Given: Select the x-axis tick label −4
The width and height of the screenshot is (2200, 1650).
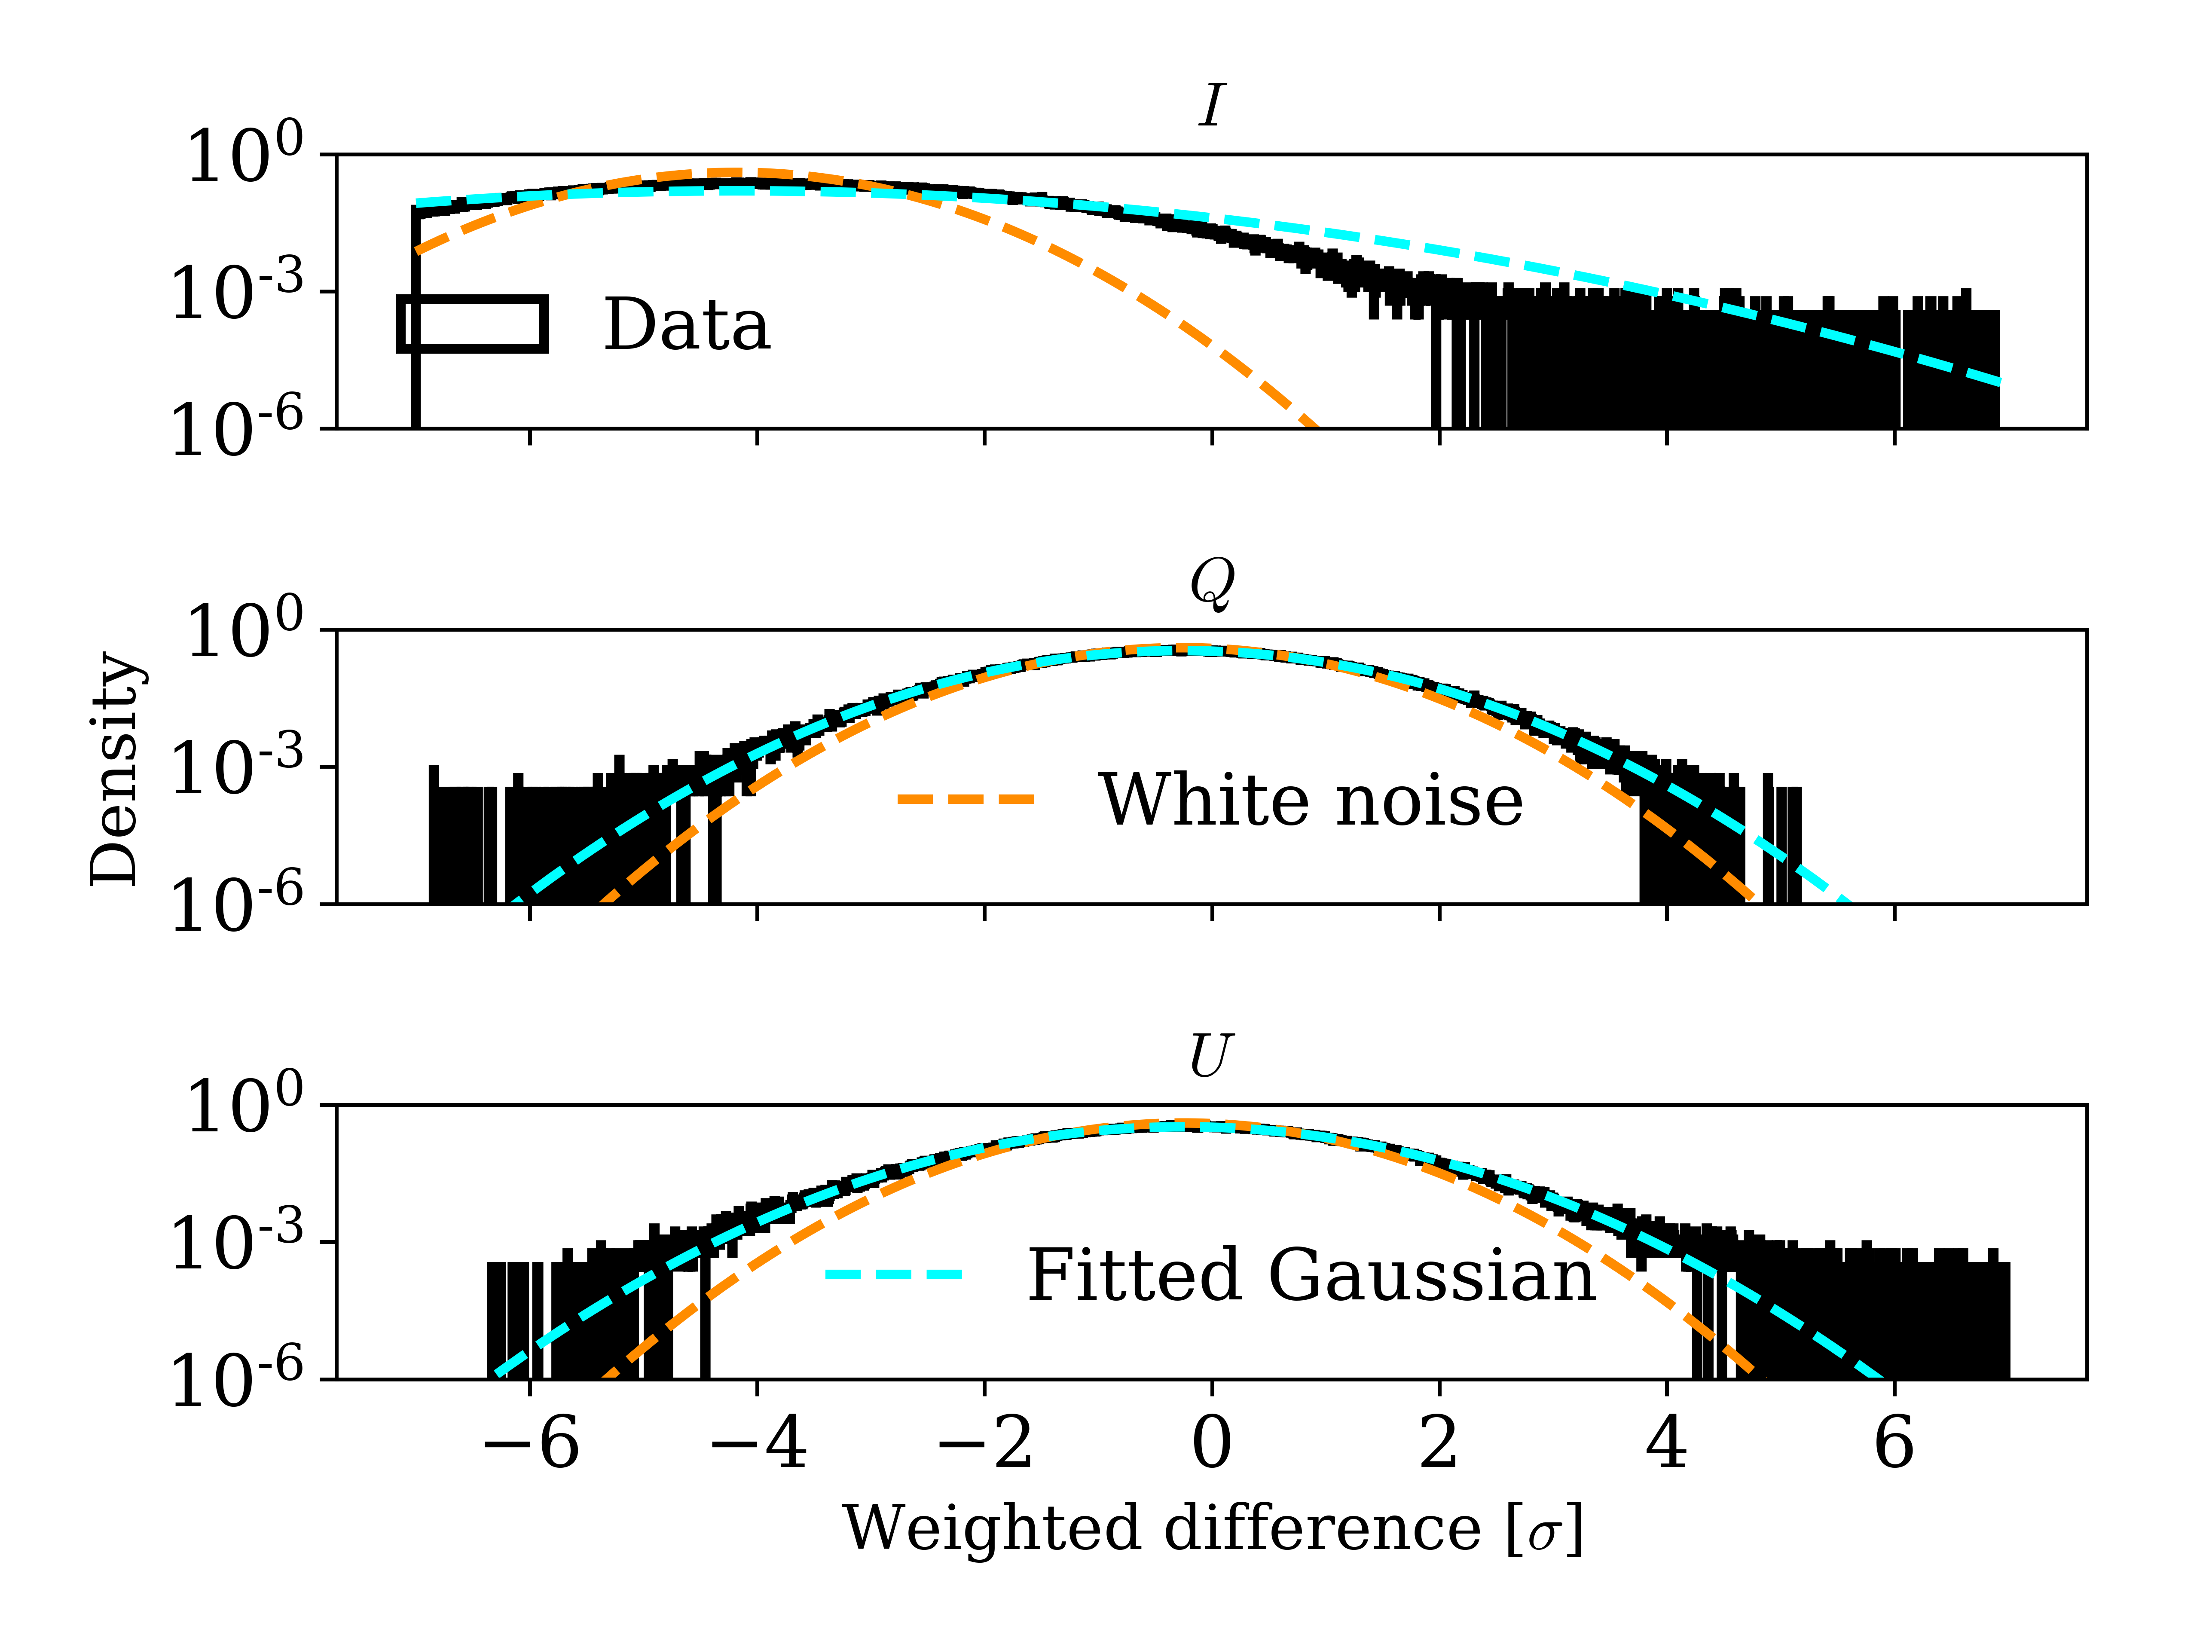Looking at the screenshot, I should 758,1443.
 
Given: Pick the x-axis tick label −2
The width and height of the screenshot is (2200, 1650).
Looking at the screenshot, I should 985,1443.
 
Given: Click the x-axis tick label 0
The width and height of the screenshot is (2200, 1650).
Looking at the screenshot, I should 1211,1443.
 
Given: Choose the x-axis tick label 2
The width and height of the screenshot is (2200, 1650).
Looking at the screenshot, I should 1439,1443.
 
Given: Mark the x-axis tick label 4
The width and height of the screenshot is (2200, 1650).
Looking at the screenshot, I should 1667,1443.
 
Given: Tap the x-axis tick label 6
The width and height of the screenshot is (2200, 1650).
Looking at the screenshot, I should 1894,1443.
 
